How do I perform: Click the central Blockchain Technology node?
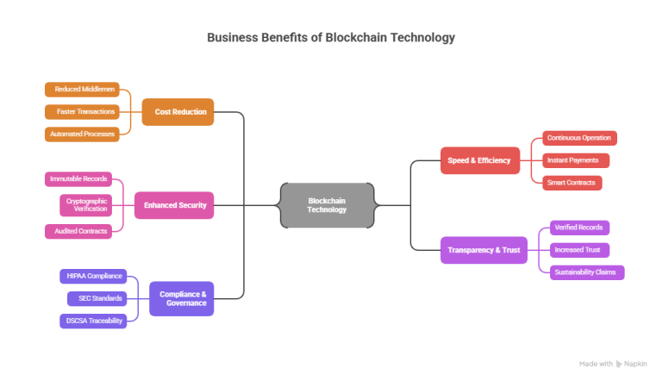[x=327, y=205]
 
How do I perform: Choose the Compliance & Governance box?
[x=183, y=298]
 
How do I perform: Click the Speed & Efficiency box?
[x=479, y=159]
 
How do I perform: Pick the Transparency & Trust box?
[x=484, y=250]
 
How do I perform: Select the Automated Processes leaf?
[x=82, y=134]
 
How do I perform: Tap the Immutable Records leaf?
[x=78, y=178]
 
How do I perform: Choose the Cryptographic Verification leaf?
[x=86, y=205]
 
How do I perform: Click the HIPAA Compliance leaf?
[x=93, y=276]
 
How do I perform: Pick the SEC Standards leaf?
[x=97, y=298]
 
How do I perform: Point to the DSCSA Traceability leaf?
[x=93, y=321]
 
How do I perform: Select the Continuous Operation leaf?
[x=579, y=138]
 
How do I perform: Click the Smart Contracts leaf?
[x=571, y=182]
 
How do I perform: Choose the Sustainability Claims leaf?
[x=586, y=272]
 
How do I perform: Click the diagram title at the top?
[x=331, y=38]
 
